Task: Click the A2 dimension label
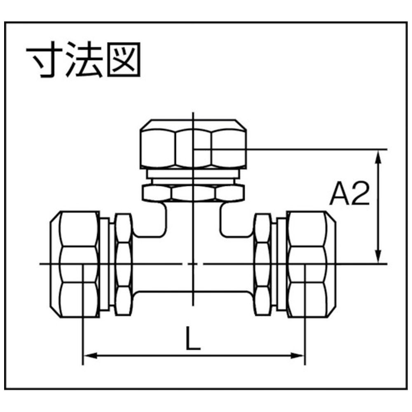point(349,193)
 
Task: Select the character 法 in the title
point(84,60)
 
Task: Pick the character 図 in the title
point(124,60)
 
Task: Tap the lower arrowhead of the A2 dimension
point(378,256)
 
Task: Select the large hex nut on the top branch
point(193,144)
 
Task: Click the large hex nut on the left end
point(75,264)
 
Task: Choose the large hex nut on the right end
point(311,264)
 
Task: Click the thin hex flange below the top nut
point(193,193)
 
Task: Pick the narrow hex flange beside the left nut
point(123,264)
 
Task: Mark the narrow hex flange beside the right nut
point(263,264)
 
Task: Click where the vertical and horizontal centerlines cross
point(193,264)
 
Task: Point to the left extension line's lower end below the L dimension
point(83,365)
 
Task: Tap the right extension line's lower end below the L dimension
point(305,365)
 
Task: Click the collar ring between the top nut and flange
point(193,174)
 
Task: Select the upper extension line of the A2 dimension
point(290,149)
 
